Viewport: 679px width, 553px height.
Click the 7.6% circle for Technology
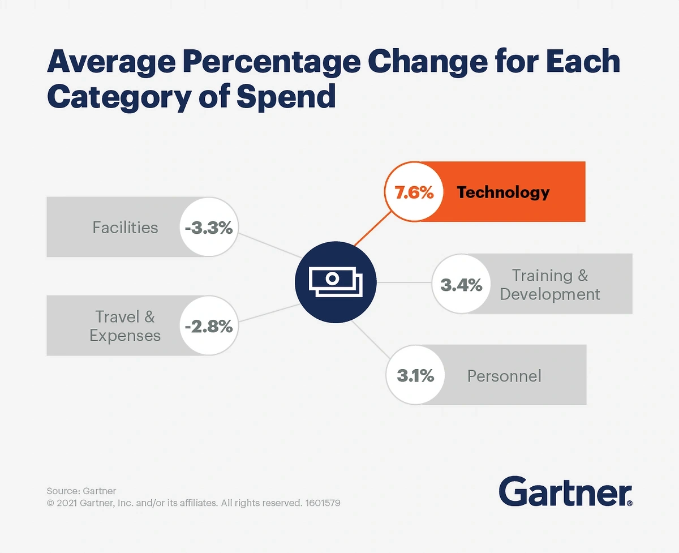(414, 192)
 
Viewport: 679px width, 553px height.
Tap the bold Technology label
(503, 192)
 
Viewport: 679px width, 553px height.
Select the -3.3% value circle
(209, 228)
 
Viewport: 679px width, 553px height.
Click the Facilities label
(125, 228)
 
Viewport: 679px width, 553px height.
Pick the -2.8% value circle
(209, 326)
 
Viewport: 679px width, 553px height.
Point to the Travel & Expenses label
(125, 326)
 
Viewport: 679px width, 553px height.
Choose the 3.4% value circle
(461, 285)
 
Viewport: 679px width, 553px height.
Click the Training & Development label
(550, 285)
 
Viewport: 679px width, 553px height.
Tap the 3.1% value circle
(415, 375)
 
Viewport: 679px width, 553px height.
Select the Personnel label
(504, 376)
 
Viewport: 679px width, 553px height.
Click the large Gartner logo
(565, 491)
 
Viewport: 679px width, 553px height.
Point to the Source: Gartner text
(81, 491)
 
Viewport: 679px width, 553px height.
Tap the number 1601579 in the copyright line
(323, 503)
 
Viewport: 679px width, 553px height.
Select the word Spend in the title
(286, 96)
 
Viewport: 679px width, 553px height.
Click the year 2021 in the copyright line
(67, 503)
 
